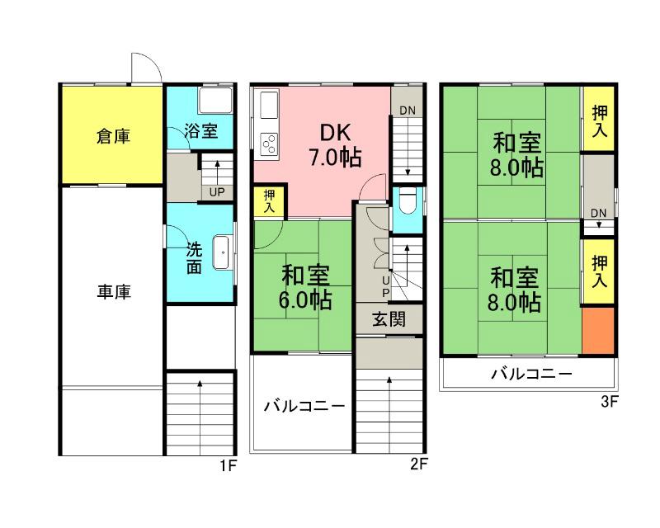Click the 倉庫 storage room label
point(112,137)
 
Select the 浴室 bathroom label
point(200,130)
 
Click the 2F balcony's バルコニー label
point(304,407)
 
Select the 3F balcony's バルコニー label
point(532,375)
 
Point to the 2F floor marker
point(419,464)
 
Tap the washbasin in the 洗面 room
point(221,252)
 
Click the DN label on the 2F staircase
point(408,111)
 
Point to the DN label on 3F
point(599,212)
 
